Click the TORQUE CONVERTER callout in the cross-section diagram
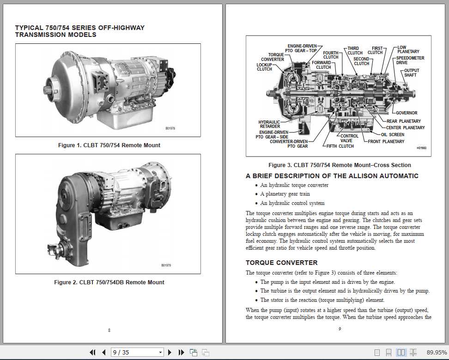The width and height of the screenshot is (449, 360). click(273, 57)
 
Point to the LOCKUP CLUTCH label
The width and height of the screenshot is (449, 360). click(264, 67)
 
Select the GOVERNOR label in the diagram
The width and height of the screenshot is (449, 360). click(407, 113)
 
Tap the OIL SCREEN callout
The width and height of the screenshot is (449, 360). click(393, 135)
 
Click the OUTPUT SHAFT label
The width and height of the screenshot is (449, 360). click(410, 73)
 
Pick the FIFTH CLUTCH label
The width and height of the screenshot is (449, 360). click(340, 146)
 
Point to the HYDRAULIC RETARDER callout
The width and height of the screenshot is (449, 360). click(269, 125)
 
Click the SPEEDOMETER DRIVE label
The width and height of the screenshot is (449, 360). click(410, 60)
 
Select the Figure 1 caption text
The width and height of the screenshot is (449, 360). click(109, 145)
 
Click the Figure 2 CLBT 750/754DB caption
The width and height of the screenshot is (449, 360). click(109, 282)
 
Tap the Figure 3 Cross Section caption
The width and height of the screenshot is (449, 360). click(340, 165)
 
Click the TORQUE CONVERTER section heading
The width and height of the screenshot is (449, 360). click(275, 263)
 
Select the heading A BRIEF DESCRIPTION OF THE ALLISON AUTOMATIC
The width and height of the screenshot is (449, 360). click(332, 176)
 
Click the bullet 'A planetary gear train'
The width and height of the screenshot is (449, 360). click(285, 194)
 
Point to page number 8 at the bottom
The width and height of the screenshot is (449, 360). click(109, 330)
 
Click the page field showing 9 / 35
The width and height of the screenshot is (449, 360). click(137, 352)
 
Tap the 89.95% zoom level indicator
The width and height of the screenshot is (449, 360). click(437, 352)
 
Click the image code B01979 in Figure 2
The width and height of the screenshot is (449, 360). click(166, 265)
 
